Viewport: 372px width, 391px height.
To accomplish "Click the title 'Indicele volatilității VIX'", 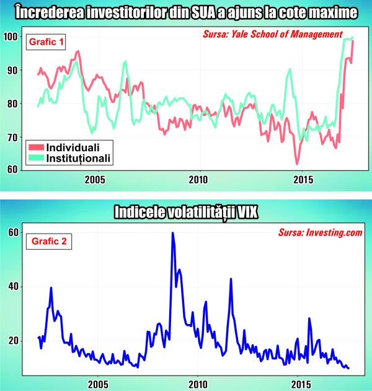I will [x=185, y=212].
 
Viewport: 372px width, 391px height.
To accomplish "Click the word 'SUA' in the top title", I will [x=192, y=12].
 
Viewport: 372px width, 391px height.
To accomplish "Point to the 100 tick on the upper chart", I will [x=10, y=37].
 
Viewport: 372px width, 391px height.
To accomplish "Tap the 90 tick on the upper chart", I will [x=12, y=70].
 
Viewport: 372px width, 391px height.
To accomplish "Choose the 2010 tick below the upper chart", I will [x=199, y=180].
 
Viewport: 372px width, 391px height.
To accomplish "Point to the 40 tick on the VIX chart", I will [x=12, y=286].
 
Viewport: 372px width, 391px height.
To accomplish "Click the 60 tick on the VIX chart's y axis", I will [x=12, y=232].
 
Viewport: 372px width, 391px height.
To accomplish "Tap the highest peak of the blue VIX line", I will [x=172, y=233].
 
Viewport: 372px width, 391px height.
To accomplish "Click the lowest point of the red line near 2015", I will [x=297, y=164].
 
